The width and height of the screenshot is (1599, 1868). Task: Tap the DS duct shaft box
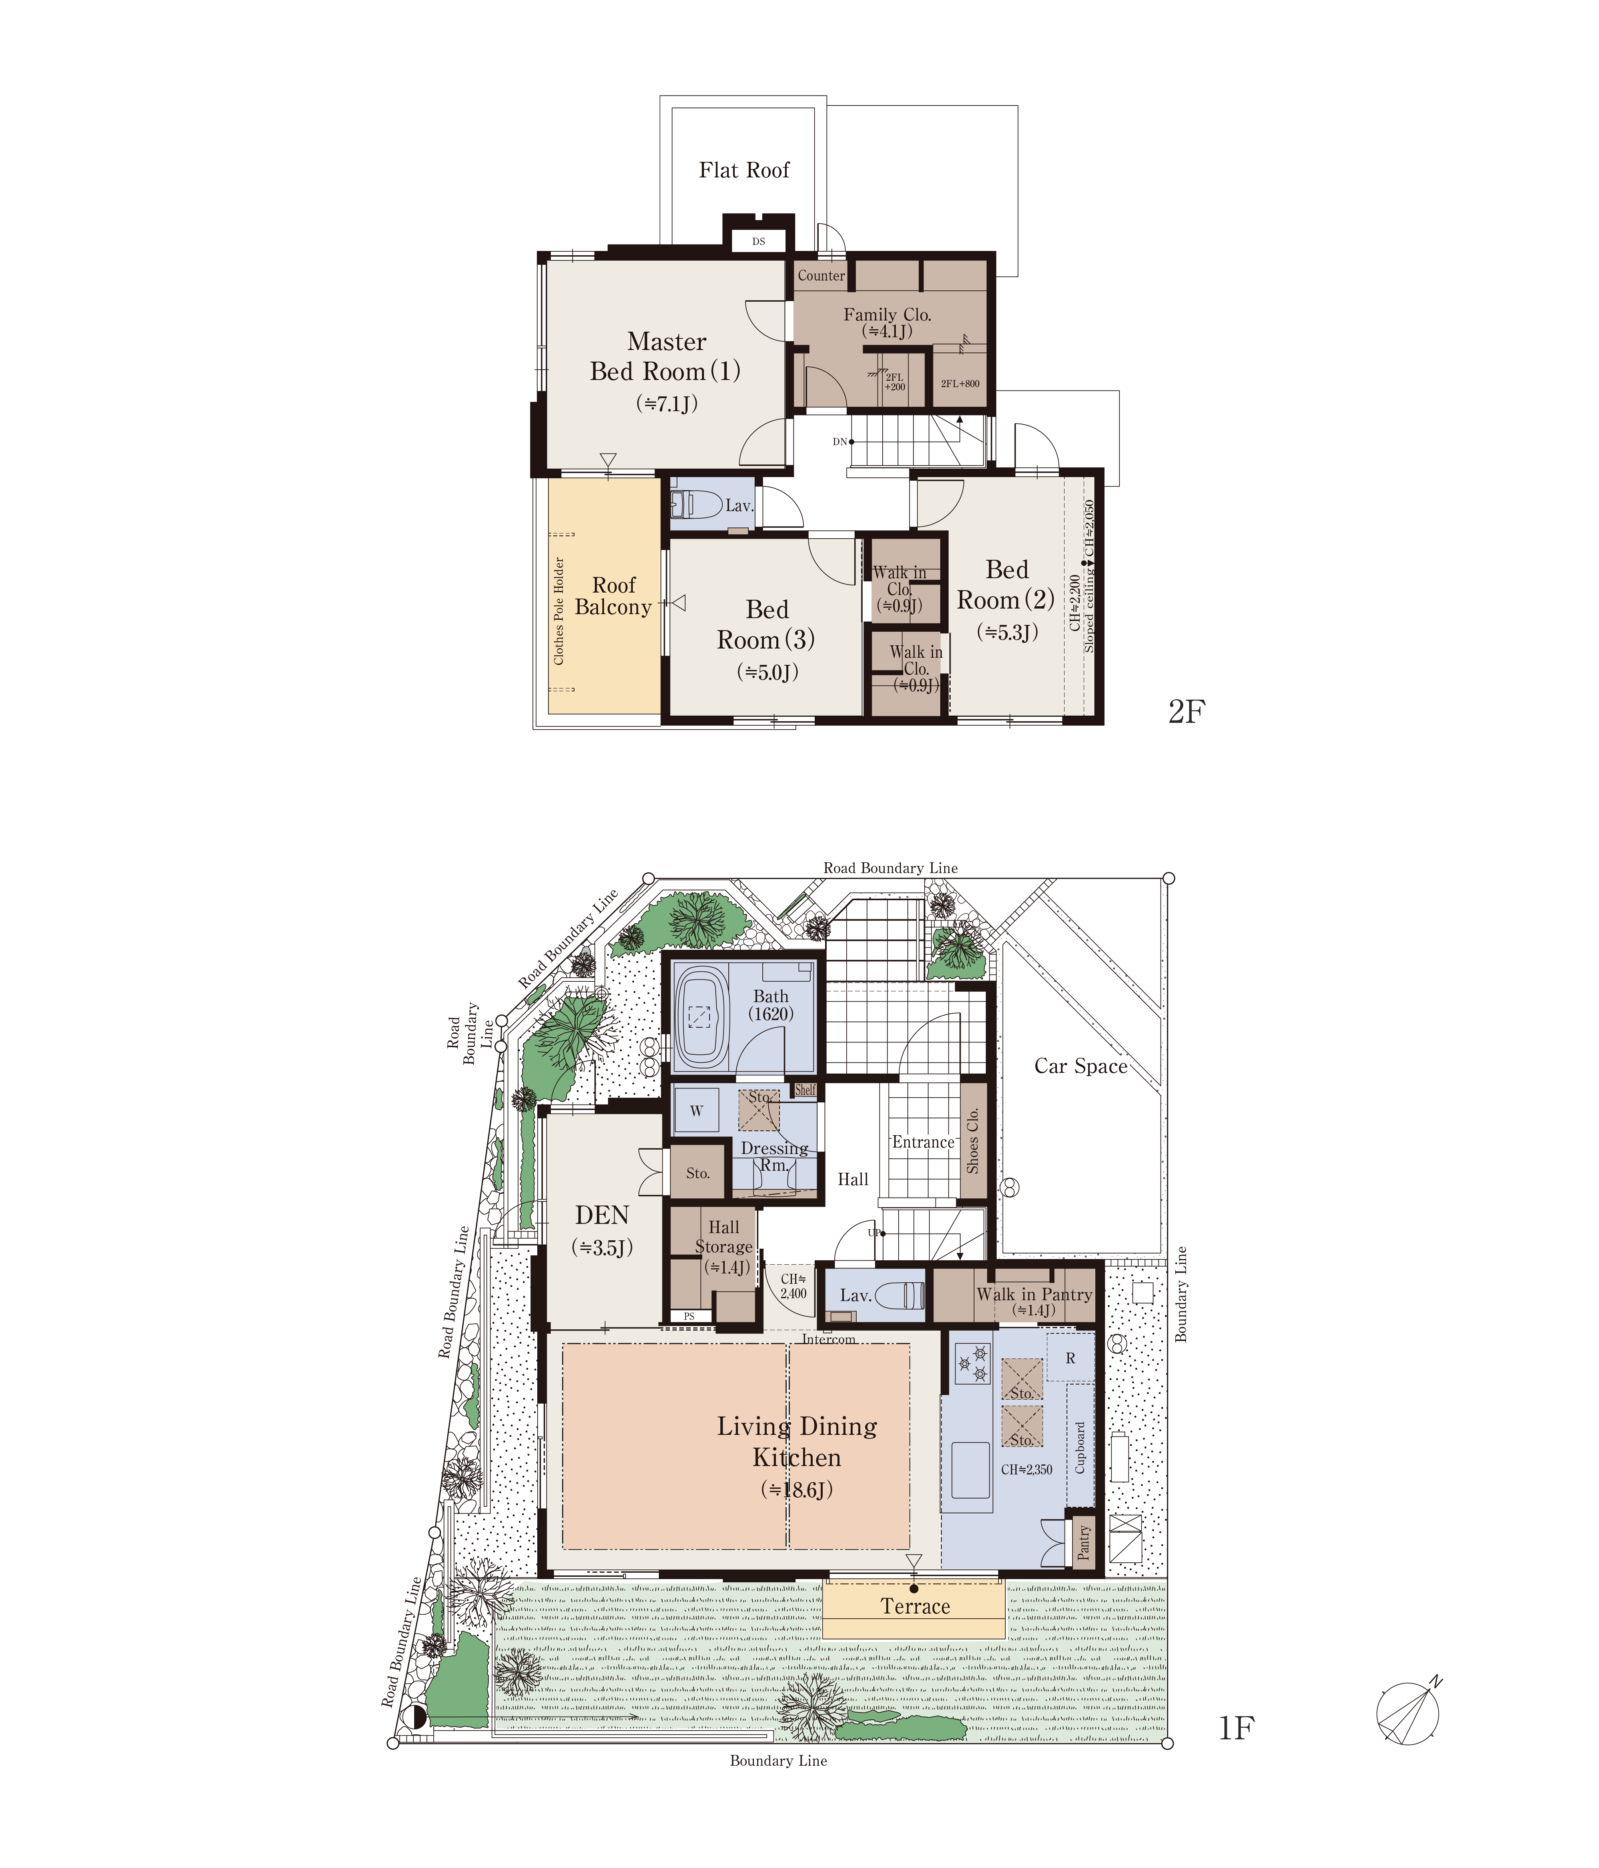(x=758, y=242)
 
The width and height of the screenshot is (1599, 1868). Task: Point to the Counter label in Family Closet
(x=821, y=276)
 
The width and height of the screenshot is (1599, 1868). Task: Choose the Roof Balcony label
(x=613, y=596)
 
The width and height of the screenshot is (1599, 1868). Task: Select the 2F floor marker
(x=1186, y=712)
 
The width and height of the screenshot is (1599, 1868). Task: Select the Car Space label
(x=1081, y=1066)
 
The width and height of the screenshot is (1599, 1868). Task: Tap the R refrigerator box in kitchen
(x=1071, y=1358)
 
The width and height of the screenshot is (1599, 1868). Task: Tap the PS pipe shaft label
(x=689, y=1316)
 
